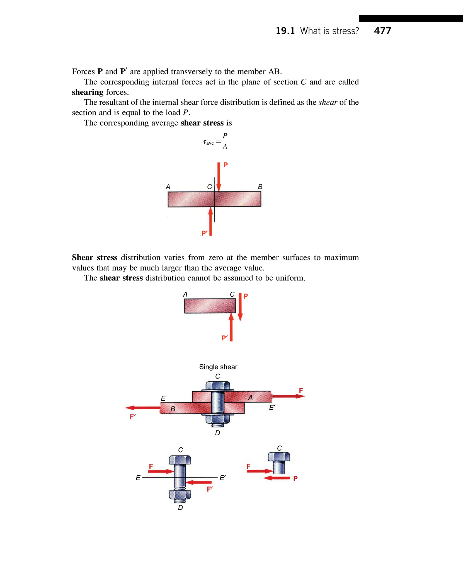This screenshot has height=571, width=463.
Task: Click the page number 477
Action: click(x=382, y=31)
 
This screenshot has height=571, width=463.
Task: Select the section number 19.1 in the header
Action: click(x=285, y=31)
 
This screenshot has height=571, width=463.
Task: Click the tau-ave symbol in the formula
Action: click(x=208, y=142)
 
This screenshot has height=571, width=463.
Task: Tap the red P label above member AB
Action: click(x=226, y=165)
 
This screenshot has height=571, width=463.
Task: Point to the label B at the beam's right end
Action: click(x=260, y=187)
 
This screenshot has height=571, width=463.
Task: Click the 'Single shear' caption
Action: click(x=218, y=367)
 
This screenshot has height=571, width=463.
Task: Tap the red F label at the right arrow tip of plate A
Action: click(x=301, y=390)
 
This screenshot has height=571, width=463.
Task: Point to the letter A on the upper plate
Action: click(x=250, y=398)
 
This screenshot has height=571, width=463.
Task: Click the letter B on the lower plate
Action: click(x=173, y=409)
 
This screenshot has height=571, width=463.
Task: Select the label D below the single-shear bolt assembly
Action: click(x=217, y=433)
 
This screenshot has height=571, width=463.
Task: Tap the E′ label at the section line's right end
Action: click(x=222, y=478)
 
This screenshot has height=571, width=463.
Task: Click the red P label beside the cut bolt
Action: click(x=295, y=478)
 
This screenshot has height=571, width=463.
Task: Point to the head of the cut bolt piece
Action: click(x=279, y=457)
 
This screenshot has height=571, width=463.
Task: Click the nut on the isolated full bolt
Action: click(x=180, y=495)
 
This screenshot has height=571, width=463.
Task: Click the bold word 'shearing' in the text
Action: click(x=88, y=92)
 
